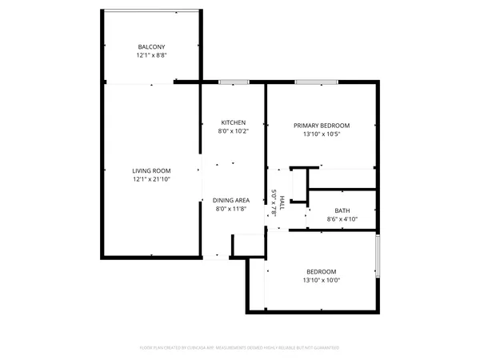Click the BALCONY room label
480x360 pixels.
[151, 47]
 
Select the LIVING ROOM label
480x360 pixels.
[151, 170]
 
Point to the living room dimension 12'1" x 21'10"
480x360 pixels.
[151, 180]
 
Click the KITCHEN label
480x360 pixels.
[232, 122]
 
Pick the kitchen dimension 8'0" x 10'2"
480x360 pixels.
[232, 132]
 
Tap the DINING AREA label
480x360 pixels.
[232, 199]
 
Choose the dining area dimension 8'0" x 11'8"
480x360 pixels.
[232, 209]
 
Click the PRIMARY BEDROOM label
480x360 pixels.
[322, 126]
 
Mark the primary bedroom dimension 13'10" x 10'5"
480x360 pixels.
[322, 135]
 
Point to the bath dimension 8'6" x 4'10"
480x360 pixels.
[342, 219]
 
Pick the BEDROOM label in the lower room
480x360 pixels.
[321, 271]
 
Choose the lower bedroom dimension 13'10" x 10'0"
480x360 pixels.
[321, 281]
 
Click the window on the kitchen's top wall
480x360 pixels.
[233, 82]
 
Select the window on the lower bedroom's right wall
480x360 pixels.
[377, 256]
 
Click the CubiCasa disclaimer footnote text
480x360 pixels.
[240, 348]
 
